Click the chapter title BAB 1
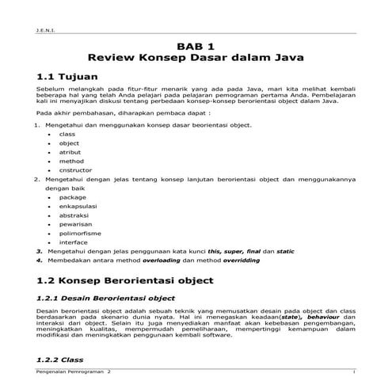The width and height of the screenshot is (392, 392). click(196, 47)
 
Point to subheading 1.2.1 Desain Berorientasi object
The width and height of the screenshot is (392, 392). click(105, 299)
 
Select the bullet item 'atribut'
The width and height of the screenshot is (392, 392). click(70, 151)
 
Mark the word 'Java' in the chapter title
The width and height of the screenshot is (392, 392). click(288, 59)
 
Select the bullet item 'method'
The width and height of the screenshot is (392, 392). click(71, 161)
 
